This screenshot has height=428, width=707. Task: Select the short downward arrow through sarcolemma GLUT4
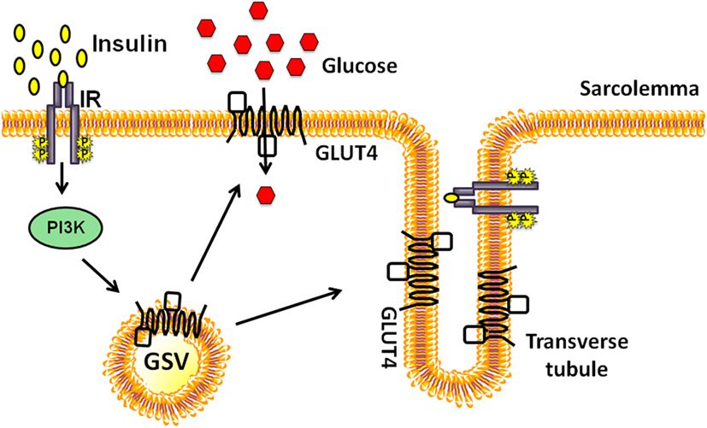(x=265, y=159)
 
